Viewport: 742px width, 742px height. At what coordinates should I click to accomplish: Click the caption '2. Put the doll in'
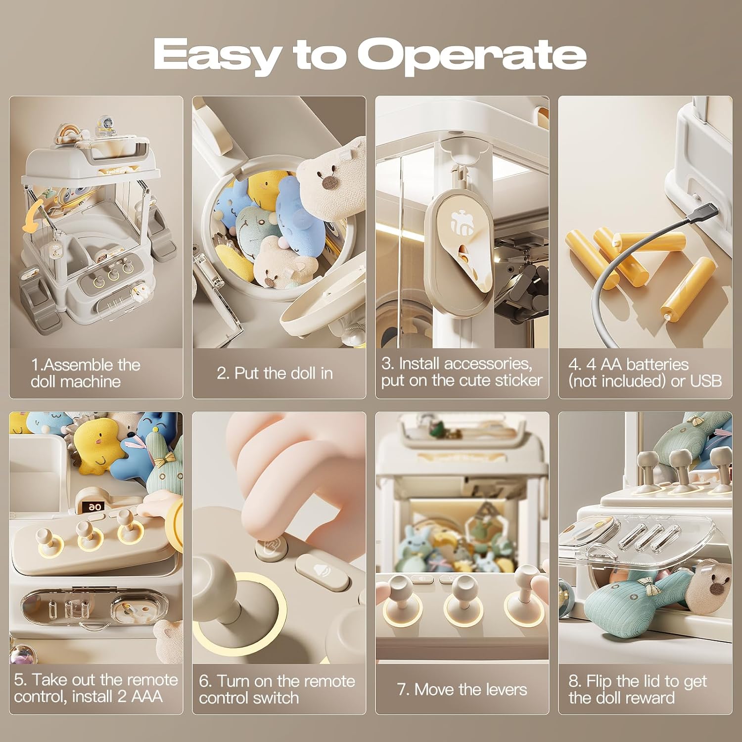pyautogui.click(x=275, y=373)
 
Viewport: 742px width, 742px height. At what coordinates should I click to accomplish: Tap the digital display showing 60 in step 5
pyautogui.click(x=93, y=507)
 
